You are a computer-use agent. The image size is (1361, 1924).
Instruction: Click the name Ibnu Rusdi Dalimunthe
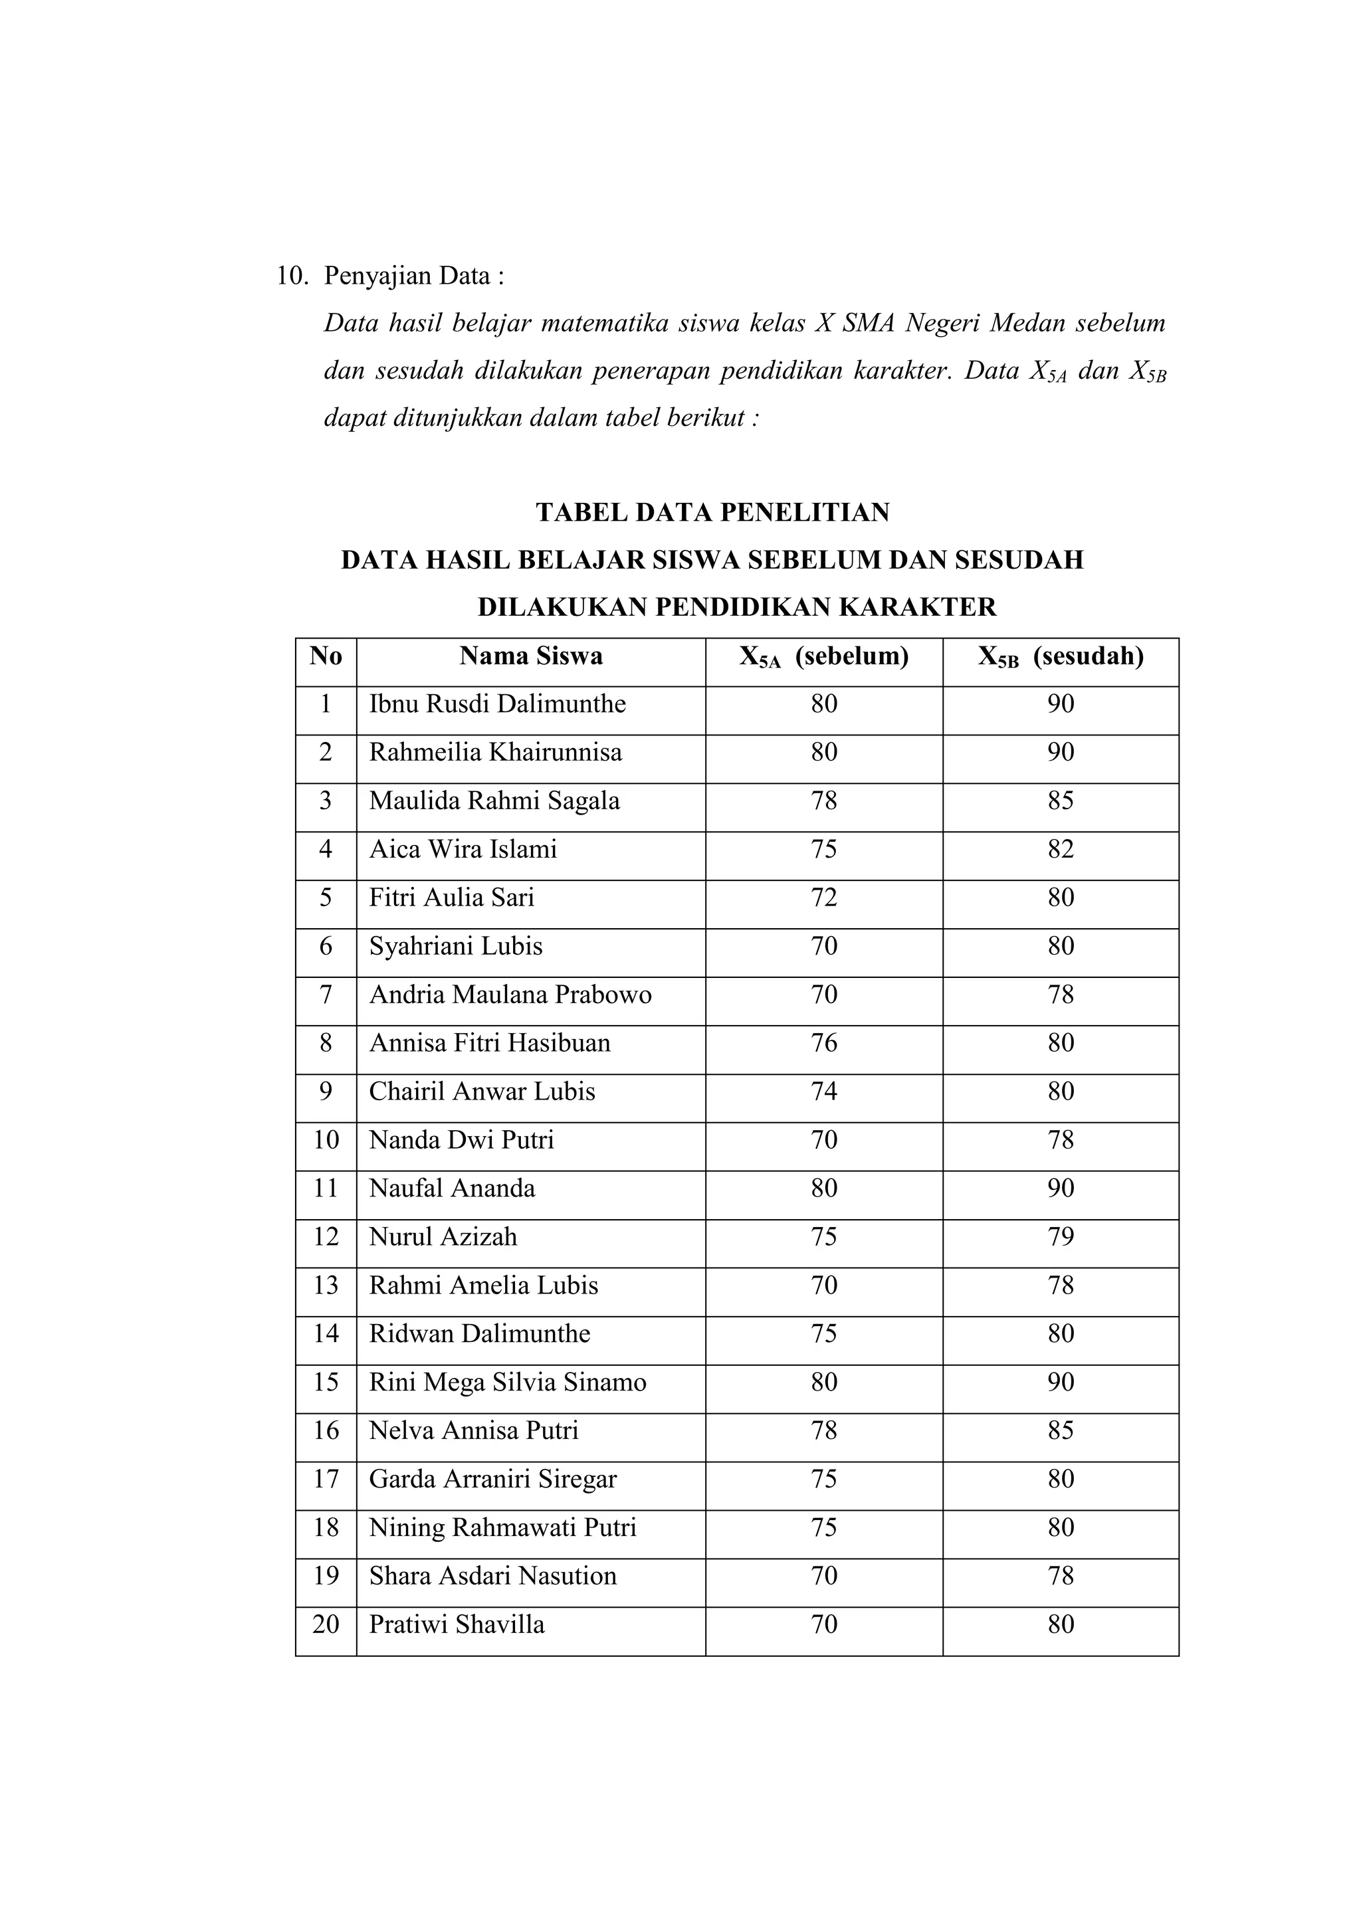[x=497, y=704]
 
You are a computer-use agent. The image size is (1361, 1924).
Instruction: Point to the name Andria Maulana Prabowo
[x=510, y=995]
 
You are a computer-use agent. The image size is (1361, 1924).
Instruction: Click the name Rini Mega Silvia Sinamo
[x=507, y=1383]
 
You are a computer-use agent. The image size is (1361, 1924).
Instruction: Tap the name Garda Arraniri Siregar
[x=493, y=1479]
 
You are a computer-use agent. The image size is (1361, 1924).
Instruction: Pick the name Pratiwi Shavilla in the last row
[x=457, y=1625]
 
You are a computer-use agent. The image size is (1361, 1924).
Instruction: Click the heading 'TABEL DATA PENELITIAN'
[x=712, y=512]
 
